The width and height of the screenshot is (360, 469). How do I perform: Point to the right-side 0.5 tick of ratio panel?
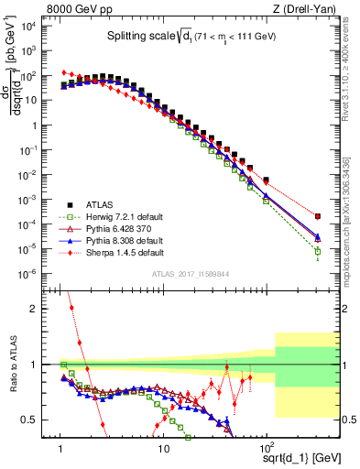click(349, 420)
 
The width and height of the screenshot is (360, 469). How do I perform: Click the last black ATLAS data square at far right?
click(317, 216)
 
